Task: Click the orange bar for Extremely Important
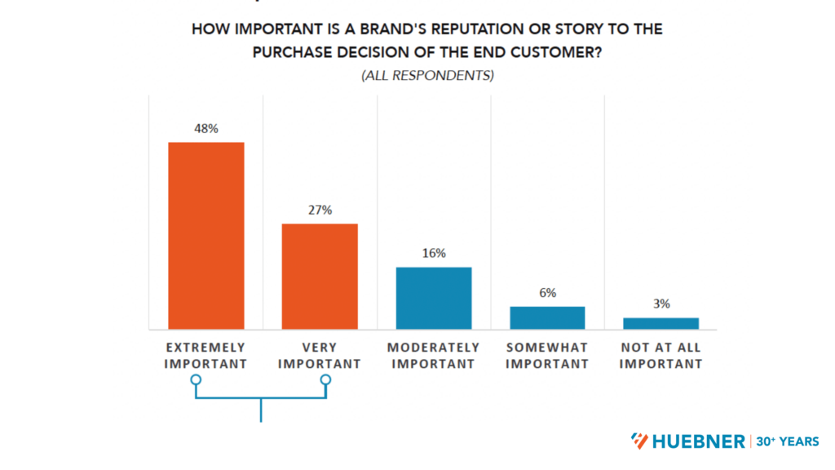pos(205,235)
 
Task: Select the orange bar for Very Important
pos(320,276)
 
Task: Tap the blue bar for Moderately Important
pos(434,298)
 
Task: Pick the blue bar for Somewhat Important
pos(547,317)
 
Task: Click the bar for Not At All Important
pos(661,323)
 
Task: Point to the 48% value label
pos(205,128)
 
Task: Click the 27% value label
pos(320,210)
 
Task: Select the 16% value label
pos(434,253)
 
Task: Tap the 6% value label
pos(547,293)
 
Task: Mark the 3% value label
pos(661,304)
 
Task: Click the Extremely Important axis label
pos(205,356)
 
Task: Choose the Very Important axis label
pos(320,356)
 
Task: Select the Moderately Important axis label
pos(434,356)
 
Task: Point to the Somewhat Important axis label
pos(547,356)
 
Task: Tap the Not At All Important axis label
pos(661,356)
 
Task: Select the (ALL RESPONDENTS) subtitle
pos(427,76)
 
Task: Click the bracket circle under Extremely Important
pos(195,380)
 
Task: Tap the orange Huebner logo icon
pos(640,441)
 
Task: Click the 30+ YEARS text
pos(787,441)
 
